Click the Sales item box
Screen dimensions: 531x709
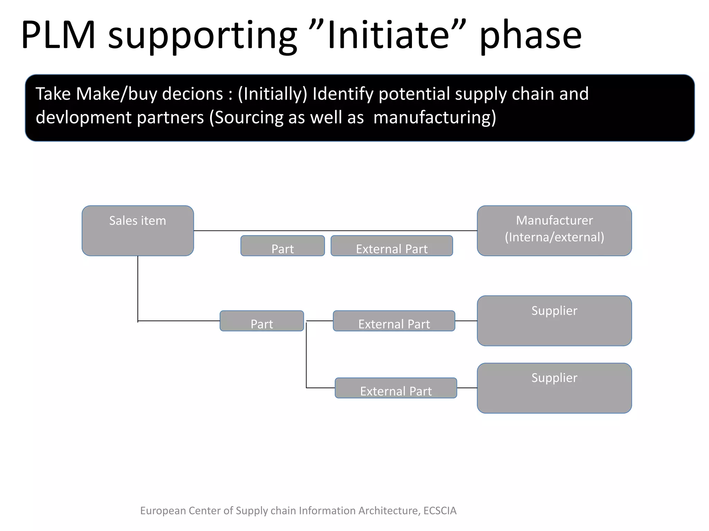pyautogui.click(x=137, y=231)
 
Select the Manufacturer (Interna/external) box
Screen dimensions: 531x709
pyautogui.click(x=554, y=231)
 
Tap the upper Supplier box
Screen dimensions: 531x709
pyautogui.click(x=554, y=320)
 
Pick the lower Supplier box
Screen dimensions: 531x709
pyautogui.click(x=554, y=388)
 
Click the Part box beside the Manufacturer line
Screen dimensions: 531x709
pyautogui.click(x=282, y=246)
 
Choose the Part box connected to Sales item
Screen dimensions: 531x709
pyautogui.click(x=262, y=321)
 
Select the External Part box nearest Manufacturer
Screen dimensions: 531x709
pyautogui.click(x=392, y=246)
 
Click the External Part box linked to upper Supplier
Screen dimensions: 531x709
pyautogui.click(x=394, y=321)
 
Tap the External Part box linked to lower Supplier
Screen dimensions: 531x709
pyautogui.click(x=396, y=388)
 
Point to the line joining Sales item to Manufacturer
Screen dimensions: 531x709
pyautogui.click(x=335, y=231)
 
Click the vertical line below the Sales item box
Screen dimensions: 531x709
pyautogui.click(x=138, y=289)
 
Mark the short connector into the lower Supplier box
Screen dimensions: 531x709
pyautogui.click(x=467, y=388)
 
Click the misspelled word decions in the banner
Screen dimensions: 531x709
pyautogui.click(x=192, y=94)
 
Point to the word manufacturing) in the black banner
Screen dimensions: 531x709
pyautogui.click(x=435, y=118)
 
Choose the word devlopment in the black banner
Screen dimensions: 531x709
pyautogui.click(x=83, y=118)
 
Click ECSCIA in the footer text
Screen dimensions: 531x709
pyautogui.click(x=440, y=511)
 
